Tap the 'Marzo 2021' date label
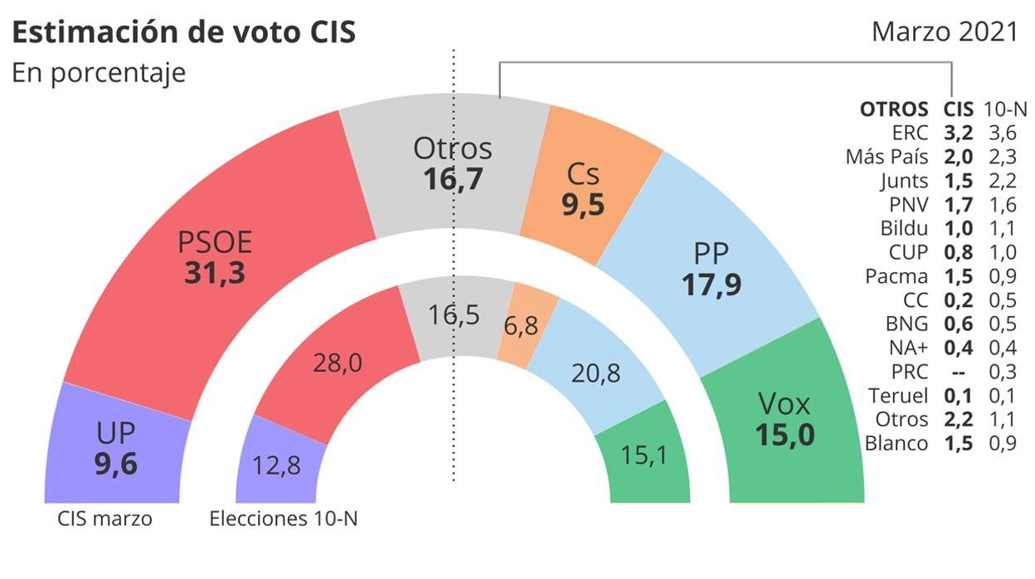pos(944,32)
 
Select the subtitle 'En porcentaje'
pos(98,72)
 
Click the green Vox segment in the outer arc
pos(785,420)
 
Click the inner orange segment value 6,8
pos(521,326)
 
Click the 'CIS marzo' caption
pos(105,520)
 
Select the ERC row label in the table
pos(911,133)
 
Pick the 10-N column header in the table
pos(1005,109)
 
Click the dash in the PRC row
pos(957,372)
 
